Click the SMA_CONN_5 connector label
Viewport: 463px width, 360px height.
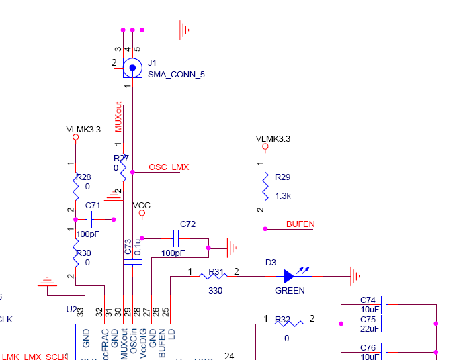[176, 75]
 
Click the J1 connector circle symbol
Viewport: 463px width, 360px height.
[133, 68]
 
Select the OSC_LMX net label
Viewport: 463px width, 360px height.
[169, 167]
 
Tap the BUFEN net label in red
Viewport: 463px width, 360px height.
[300, 224]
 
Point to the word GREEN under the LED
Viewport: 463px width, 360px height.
[290, 291]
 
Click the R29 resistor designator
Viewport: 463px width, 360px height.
[282, 177]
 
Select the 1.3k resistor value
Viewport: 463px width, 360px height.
[283, 195]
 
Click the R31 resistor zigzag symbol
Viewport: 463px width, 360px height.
[214, 275]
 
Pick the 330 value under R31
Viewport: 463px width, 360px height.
[215, 291]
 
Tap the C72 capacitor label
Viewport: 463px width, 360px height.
[187, 223]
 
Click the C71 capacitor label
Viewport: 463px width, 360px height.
[93, 206]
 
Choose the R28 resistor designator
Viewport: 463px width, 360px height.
[83, 177]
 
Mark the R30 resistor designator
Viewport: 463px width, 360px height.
[83, 253]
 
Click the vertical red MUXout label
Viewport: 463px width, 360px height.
[119, 118]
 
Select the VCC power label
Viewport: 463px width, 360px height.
[142, 205]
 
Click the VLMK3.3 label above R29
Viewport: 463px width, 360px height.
[273, 138]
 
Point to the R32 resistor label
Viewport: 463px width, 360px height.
[282, 319]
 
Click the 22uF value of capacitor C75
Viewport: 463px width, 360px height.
[368, 328]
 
